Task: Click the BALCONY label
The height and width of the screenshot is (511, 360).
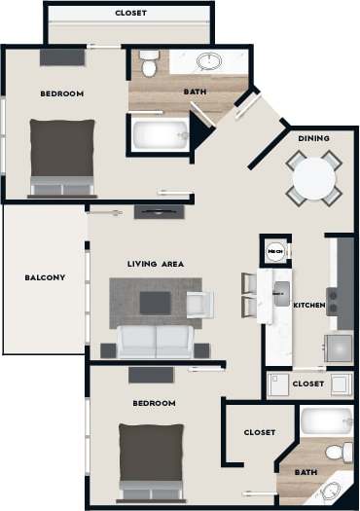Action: click(x=45, y=277)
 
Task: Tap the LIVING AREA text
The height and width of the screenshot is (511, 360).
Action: click(x=156, y=264)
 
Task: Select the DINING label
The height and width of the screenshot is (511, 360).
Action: click(x=310, y=138)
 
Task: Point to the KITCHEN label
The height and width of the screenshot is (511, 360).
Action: click(x=309, y=306)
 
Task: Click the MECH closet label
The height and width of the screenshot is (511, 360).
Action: click(x=275, y=251)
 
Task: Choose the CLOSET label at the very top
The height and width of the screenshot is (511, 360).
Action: click(x=130, y=13)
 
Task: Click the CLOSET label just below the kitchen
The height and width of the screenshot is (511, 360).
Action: click(x=308, y=383)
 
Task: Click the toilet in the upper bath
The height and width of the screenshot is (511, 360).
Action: click(x=148, y=65)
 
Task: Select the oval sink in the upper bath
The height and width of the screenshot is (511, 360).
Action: click(x=208, y=62)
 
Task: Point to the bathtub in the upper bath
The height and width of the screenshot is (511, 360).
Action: click(x=159, y=134)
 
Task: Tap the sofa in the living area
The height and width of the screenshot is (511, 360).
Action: click(x=156, y=341)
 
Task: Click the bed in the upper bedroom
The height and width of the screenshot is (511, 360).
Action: click(x=62, y=156)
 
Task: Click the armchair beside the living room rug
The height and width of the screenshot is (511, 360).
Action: click(x=198, y=304)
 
